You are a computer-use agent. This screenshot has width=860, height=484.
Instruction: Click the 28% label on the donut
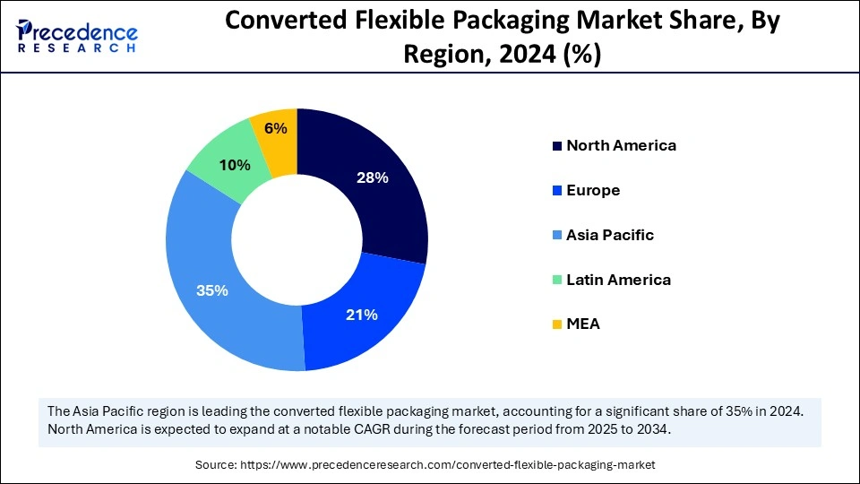(x=372, y=177)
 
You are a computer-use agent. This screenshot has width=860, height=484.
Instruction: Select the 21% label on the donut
(x=361, y=315)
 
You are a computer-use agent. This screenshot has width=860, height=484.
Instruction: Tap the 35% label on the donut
(x=212, y=290)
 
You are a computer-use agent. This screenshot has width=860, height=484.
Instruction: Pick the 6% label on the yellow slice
(x=276, y=128)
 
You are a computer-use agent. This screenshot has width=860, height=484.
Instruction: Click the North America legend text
(x=621, y=145)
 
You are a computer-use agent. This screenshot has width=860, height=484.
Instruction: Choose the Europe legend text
(x=593, y=190)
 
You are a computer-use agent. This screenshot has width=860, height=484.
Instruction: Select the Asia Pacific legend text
(x=610, y=235)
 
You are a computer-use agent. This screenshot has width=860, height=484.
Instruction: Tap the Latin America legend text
(x=618, y=280)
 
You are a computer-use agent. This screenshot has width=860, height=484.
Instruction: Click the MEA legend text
(x=583, y=324)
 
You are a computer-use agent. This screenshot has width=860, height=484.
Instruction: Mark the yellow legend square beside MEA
(x=557, y=324)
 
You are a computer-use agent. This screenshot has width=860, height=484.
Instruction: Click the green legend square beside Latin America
(x=557, y=280)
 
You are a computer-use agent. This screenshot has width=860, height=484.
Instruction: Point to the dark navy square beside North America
(x=557, y=145)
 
